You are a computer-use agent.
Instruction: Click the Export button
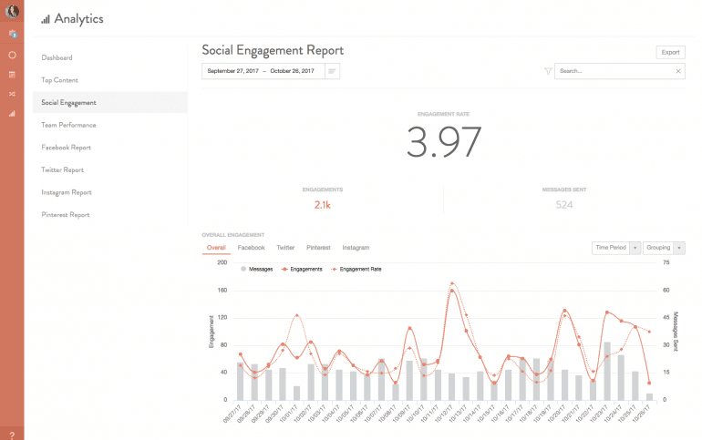670,53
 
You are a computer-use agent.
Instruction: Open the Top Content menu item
60,80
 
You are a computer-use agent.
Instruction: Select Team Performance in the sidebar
68,125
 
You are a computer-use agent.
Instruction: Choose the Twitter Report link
63,169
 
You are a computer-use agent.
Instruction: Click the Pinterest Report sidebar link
66,215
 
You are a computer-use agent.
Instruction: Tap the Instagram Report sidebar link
66,192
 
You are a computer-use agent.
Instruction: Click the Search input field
615,70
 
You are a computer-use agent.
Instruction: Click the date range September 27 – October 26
261,70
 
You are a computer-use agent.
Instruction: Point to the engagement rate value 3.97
443,143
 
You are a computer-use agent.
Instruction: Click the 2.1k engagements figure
322,205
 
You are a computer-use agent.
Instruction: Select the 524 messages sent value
564,205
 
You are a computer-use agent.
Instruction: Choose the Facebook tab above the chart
251,248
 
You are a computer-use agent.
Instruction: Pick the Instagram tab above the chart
356,248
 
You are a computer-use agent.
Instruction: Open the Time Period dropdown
615,248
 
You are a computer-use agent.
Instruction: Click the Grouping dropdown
664,248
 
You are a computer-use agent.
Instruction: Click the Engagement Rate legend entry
356,270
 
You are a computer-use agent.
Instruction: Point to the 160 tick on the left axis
221,290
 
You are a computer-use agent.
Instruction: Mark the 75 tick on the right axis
666,262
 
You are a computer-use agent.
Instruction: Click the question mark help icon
12,433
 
